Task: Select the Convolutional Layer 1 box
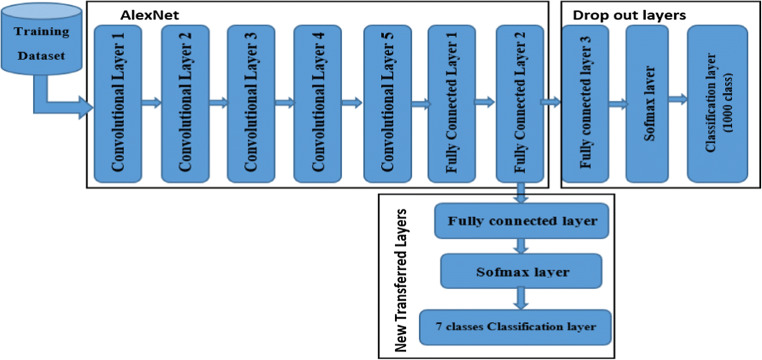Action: pos(118,103)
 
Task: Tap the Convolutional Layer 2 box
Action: pos(185,103)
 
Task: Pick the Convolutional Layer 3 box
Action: pos(252,103)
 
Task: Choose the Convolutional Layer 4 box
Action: pos(319,103)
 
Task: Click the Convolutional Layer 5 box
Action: pos(386,103)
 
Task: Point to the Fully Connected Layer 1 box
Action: pos(452,103)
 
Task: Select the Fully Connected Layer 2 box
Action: pos(519,103)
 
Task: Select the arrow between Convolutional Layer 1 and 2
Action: pos(151,101)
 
